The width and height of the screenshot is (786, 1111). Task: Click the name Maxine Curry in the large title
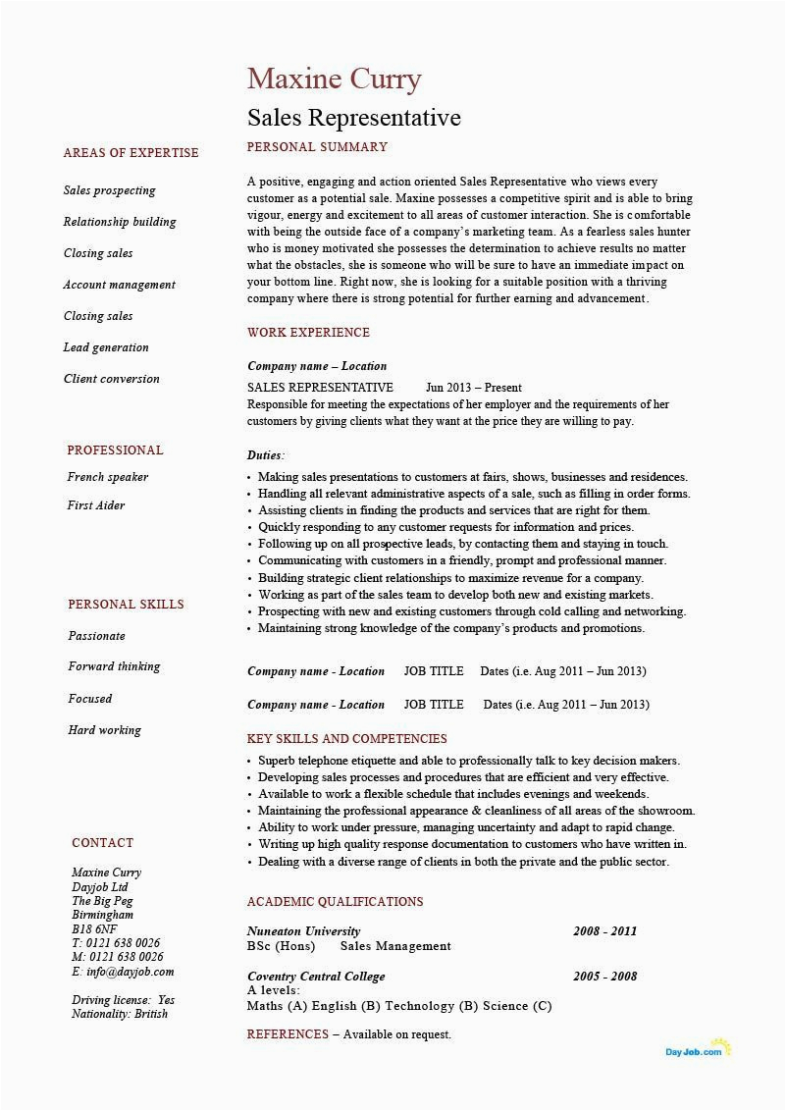(x=334, y=79)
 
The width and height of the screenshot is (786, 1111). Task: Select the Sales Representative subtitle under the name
(x=353, y=118)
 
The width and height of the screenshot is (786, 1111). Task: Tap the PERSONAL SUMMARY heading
(x=317, y=147)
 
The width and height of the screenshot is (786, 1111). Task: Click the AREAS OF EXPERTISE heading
(x=131, y=153)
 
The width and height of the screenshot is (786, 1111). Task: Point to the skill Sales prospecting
(x=109, y=190)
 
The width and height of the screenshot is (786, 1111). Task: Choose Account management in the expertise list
(x=119, y=285)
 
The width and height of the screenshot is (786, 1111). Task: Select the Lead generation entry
(x=106, y=347)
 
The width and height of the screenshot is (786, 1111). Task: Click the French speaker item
(x=107, y=477)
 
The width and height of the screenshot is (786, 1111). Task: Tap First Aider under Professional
(x=95, y=505)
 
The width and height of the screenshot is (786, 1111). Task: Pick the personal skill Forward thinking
(x=114, y=666)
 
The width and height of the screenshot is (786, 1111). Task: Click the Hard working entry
(x=104, y=730)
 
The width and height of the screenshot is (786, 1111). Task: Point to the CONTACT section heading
(x=102, y=843)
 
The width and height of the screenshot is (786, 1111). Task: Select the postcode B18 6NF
(x=94, y=929)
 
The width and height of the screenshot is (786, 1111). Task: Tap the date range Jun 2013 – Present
(x=473, y=388)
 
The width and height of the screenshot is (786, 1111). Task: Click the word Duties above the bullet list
(x=265, y=455)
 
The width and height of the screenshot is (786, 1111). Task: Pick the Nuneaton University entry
(x=303, y=931)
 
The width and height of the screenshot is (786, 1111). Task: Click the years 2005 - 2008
(x=604, y=977)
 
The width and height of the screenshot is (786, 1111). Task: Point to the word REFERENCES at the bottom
(x=288, y=1034)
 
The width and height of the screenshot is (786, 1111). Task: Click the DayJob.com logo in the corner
(x=698, y=1050)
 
